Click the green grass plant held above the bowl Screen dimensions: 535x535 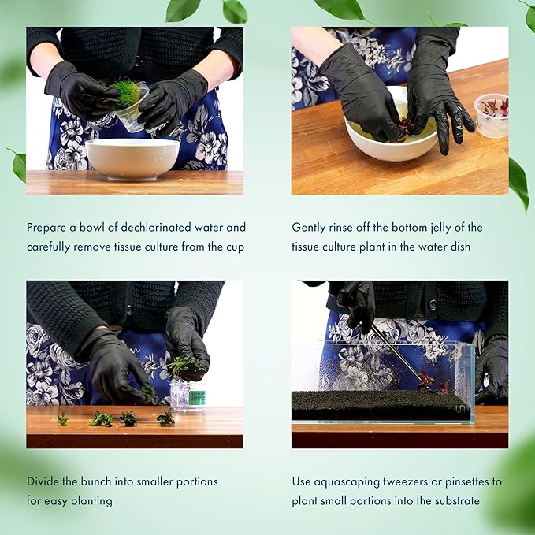point(126,91)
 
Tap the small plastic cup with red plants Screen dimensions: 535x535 point(492,115)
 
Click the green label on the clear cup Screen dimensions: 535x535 point(197,397)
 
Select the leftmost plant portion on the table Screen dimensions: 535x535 point(62,419)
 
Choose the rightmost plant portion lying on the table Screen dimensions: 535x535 point(166,418)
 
